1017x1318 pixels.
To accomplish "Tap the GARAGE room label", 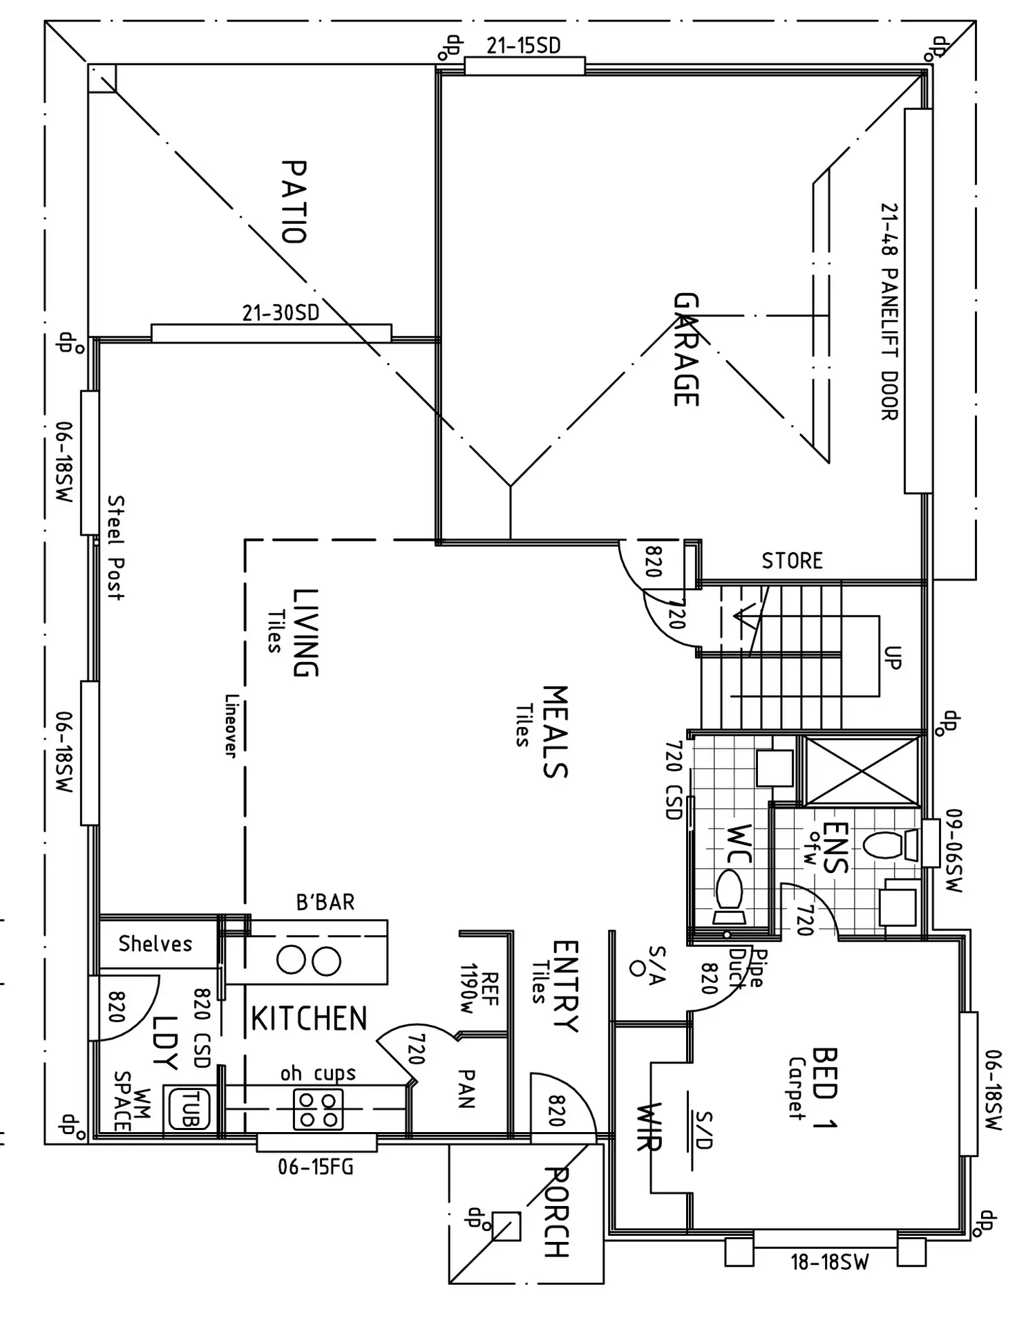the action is point(686,350).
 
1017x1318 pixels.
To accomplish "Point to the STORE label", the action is point(792,561).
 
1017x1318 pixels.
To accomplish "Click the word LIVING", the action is point(305,632).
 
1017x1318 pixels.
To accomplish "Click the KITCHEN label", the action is point(309,1019).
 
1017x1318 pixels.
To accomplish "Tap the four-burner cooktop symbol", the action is point(318,1109).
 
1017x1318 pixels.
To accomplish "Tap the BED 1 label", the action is point(824,1089).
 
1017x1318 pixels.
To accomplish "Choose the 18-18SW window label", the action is point(829,1262).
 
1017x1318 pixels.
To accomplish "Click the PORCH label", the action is point(557,1213).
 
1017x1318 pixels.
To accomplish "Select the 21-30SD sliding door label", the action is point(281,313).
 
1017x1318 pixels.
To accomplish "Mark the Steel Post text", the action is point(116,547).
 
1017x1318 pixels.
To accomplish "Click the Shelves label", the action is point(155,943).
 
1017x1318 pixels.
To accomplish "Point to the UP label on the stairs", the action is point(893,657).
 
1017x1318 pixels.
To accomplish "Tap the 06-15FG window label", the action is point(316,1167).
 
